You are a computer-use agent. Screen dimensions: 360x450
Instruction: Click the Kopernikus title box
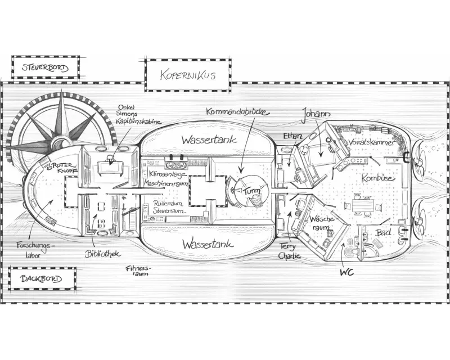pos(187,75)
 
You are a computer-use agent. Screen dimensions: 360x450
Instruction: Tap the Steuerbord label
pos(46,68)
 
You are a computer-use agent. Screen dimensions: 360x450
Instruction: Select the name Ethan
pos(293,136)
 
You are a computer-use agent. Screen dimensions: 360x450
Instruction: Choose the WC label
pos(347,272)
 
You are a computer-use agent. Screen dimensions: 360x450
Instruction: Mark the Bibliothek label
pos(102,254)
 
